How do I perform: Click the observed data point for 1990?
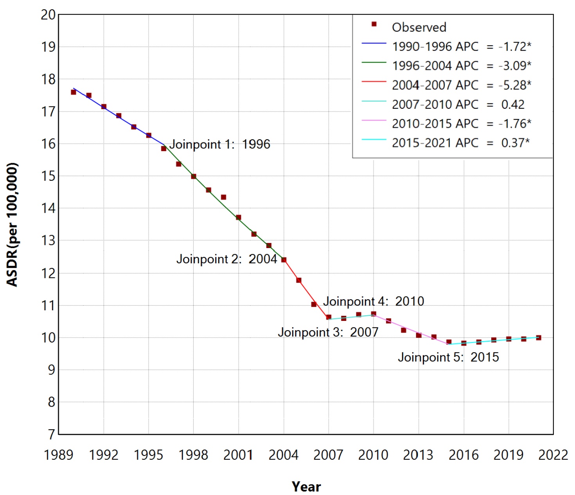74,92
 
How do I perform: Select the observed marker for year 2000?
223,197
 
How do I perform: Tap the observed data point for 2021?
539,338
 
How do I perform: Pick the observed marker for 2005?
299,280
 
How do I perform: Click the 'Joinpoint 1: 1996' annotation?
219,144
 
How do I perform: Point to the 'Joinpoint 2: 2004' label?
226,259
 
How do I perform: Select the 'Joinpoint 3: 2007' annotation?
328,332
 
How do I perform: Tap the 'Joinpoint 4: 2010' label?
373,301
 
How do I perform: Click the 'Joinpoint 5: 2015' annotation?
448,357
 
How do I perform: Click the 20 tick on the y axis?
48,15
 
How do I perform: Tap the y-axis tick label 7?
51,434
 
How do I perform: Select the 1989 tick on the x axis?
59,455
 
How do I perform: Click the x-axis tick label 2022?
553,455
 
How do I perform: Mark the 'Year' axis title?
306,487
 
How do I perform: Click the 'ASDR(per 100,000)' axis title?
13,225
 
